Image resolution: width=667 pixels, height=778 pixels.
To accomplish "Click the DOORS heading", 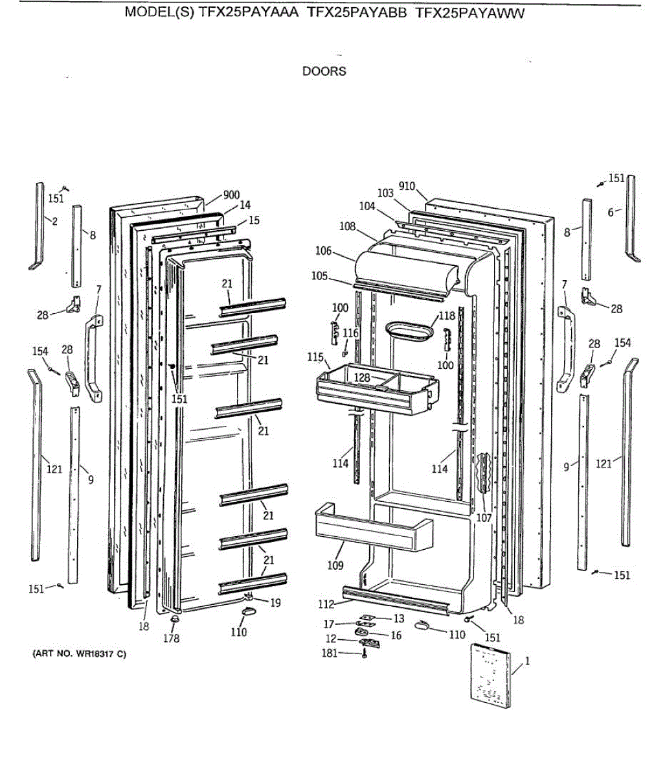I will click(324, 71).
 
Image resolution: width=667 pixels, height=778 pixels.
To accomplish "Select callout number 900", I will click(231, 194).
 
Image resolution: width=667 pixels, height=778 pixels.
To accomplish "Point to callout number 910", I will click(407, 187).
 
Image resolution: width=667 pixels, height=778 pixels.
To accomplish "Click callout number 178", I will click(172, 638).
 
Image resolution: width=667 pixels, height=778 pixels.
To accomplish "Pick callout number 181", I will click(330, 653).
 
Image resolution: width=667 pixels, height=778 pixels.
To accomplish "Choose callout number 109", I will click(335, 565).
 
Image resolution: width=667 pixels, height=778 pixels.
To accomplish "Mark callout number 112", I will click(326, 604).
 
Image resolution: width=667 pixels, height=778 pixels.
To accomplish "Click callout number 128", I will click(362, 377).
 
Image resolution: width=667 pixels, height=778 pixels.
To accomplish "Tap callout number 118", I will click(447, 316).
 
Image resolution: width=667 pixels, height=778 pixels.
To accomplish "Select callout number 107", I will click(484, 518).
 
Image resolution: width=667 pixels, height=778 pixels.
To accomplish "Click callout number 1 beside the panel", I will click(527, 661).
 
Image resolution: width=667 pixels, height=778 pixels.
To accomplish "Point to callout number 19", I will click(275, 602).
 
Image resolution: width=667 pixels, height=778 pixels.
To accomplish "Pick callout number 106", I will click(323, 252).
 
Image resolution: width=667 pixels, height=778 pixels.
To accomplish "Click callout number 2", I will click(54, 221).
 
